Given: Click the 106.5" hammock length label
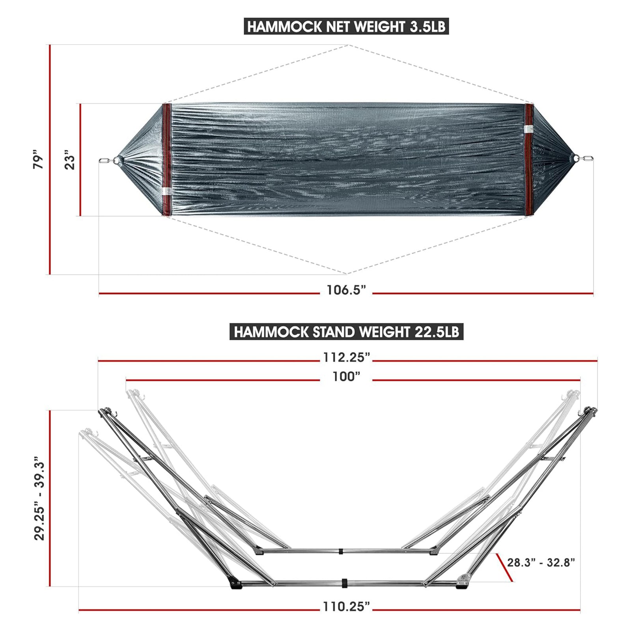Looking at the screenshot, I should click(346, 290).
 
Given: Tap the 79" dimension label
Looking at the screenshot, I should click(38, 159).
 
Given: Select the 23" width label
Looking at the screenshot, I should click(70, 160).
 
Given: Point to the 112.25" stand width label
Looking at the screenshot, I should click(346, 357).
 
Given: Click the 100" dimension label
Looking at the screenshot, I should click(346, 377).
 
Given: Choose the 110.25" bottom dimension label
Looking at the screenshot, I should click(346, 607).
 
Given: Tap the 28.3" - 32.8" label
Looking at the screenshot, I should click(541, 562).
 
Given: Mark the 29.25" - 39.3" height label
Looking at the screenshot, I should click(39, 499).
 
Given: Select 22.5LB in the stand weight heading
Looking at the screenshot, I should click(437, 332).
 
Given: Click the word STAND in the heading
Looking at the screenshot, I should click(334, 332).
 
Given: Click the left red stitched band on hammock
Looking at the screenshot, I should click(167, 160).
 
